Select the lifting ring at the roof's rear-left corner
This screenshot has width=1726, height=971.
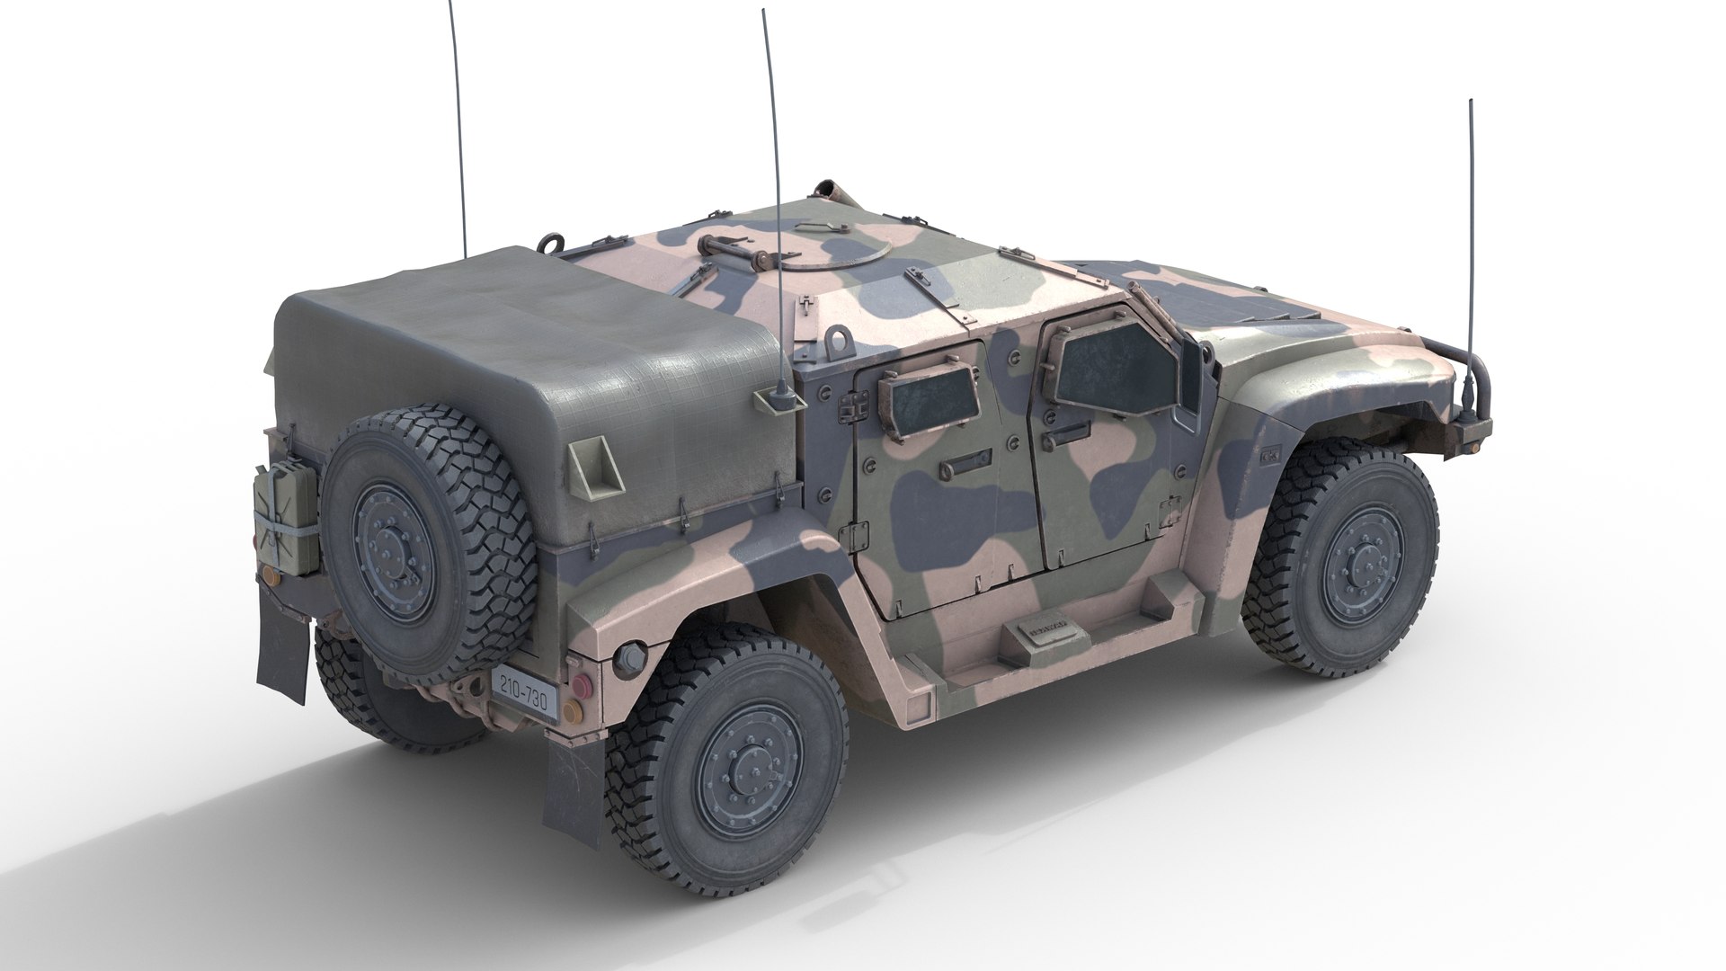(x=550, y=242)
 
